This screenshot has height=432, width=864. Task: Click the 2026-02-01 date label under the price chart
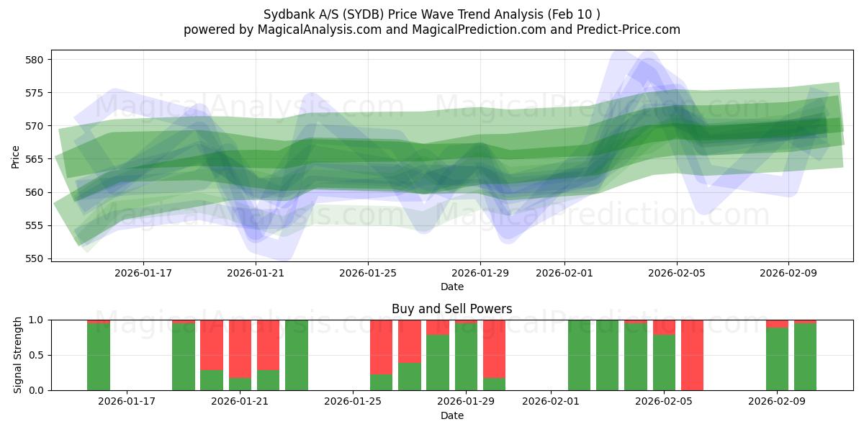coord(564,274)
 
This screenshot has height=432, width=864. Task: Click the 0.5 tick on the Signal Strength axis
coord(36,355)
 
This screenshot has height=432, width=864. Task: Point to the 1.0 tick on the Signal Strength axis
coord(36,320)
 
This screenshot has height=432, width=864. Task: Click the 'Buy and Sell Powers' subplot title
coord(451,309)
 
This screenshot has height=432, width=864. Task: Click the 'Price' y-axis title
coord(16,156)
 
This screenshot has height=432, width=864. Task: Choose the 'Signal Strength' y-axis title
coord(18,355)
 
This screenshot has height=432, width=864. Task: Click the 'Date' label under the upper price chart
coord(451,287)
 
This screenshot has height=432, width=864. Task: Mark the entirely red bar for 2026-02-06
coord(692,355)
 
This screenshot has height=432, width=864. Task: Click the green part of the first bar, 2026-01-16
coord(99,357)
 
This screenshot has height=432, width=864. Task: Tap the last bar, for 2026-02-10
coord(805,357)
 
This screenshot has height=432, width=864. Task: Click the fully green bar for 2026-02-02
coord(579,355)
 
